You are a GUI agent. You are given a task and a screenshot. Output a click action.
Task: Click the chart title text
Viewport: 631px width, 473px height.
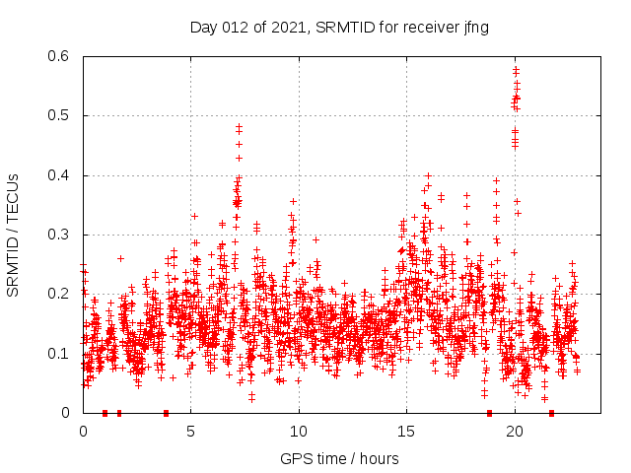click(x=339, y=27)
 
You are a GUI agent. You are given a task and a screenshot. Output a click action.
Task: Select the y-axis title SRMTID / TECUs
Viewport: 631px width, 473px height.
click(x=13, y=236)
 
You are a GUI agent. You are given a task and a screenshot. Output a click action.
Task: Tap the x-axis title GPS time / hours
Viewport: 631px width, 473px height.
click(x=339, y=458)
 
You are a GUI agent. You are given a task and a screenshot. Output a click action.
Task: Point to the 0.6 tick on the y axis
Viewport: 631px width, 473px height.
click(x=62, y=57)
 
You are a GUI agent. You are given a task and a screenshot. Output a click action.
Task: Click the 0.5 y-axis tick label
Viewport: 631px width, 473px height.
click(x=62, y=116)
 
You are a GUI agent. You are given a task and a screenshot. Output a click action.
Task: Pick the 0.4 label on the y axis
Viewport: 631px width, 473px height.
click(x=62, y=175)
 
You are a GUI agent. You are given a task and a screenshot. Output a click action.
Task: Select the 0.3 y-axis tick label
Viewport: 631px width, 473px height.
click(x=62, y=235)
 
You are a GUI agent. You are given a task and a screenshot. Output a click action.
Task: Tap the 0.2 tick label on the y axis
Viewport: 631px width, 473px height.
click(x=62, y=294)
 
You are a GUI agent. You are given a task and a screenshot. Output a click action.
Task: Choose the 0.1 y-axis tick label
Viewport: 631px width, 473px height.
click(x=62, y=353)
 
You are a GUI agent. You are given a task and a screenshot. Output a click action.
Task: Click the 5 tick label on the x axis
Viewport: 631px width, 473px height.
click(x=191, y=431)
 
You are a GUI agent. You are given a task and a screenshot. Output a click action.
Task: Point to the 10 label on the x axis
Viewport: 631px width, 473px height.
click(x=299, y=431)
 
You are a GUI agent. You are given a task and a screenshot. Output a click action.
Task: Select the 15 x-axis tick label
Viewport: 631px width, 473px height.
click(x=406, y=431)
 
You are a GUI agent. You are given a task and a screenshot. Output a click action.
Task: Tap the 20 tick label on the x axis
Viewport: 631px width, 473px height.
click(x=515, y=431)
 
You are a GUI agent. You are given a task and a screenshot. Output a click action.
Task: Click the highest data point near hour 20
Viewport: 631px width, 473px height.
click(x=516, y=70)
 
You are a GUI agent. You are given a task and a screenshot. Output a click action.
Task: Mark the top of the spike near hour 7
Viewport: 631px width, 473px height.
click(x=239, y=127)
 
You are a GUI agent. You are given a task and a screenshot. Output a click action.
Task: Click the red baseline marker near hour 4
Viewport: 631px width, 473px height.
click(x=166, y=412)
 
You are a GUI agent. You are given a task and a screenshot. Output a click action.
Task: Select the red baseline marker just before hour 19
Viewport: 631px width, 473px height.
click(x=489, y=412)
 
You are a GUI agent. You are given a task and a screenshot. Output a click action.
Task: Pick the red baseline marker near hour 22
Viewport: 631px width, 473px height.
click(x=551, y=412)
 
